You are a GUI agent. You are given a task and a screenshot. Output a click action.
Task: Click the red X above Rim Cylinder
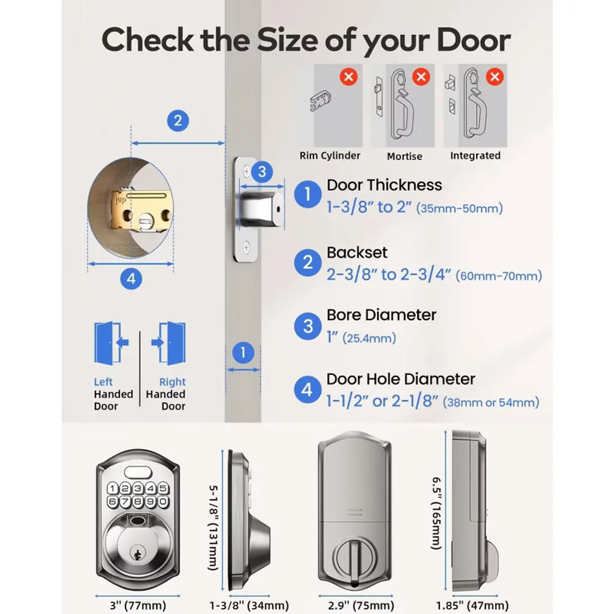[348, 76]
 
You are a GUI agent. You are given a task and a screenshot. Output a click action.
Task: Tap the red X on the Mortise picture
[422, 76]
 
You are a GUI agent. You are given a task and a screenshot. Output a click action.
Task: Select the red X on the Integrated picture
[495, 76]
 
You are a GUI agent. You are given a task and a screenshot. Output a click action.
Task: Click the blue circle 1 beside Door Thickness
[308, 194]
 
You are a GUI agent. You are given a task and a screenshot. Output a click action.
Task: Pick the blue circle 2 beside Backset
[308, 263]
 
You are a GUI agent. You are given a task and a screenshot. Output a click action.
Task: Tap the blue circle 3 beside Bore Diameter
[308, 326]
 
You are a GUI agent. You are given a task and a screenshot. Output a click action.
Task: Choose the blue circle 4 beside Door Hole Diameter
[308, 390]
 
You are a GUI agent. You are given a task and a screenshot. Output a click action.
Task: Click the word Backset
[357, 252]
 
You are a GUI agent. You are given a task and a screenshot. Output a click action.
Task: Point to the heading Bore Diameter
[381, 315]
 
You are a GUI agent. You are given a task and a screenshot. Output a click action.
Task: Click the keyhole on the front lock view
[137, 554]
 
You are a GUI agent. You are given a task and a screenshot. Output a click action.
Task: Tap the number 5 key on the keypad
[163, 488]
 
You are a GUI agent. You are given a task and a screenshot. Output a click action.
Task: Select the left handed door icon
[111, 343]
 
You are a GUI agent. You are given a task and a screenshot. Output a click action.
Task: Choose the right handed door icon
[168, 343]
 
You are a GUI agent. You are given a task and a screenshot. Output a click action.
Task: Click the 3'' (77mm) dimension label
[138, 606]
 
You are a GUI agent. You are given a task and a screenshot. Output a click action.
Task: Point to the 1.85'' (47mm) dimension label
[472, 606]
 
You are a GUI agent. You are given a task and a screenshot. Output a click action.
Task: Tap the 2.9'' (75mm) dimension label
[361, 606]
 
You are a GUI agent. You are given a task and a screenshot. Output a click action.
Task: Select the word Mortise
[405, 156]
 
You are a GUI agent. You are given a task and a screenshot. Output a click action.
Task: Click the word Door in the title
[474, 40]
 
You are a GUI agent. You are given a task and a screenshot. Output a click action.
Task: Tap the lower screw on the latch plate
[246, 247]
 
